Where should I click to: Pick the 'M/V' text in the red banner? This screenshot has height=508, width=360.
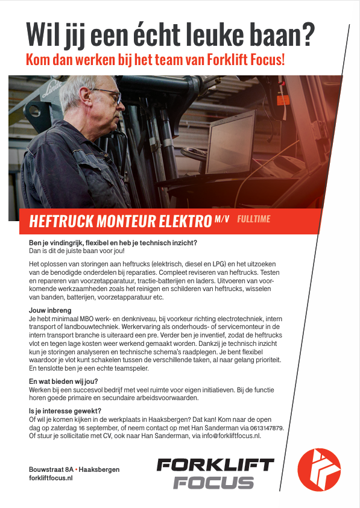(x=222, y=219)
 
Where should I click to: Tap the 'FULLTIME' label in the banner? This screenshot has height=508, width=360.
(x=254, y=219)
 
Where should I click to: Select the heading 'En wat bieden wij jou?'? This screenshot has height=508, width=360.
(x=63, y=381)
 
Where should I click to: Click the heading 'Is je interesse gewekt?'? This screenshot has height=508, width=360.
(x=65, y=412)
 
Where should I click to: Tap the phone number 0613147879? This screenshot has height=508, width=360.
(x=265, y=427)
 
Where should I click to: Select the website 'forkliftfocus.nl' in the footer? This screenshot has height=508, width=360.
(x=51, y=478)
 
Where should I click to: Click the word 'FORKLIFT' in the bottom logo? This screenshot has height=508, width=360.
(x=215, y=465)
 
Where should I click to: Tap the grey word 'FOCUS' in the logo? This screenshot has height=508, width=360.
(x=213, y=483)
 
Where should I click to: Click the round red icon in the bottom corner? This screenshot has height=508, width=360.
(x=319, y=471)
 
